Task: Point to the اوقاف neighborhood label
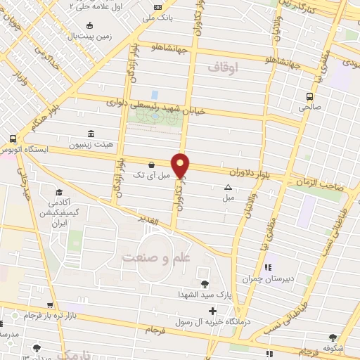point(224,67)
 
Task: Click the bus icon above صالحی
point(309,97)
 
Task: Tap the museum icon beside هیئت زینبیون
point(91,134)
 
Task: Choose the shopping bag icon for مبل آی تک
point(152,165)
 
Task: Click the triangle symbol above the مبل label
point(228,187)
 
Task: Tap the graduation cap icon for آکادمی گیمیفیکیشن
point(59,191)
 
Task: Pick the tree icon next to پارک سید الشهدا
point(205,284)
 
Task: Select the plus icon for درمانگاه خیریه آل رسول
point(202,310)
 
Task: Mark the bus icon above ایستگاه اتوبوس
point(13,139)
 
